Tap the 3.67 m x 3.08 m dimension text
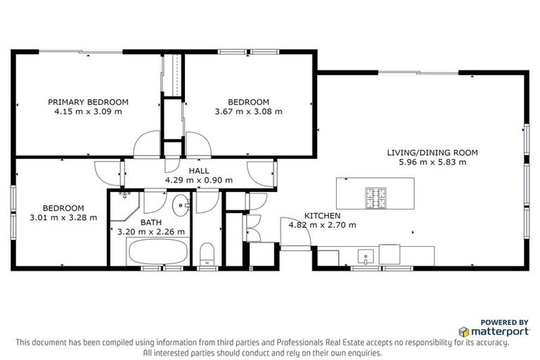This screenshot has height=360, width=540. pyautogui.click(x=248, y=111)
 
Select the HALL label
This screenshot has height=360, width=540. pyautogui.click(x=198, y=170)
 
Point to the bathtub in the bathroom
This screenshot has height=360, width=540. pyautogui.click(x=157, y=252)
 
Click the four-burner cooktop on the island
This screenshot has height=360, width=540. pyautogui.click(x=375, y=198)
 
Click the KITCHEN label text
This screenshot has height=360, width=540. pyautogui.click(x=322, y=216)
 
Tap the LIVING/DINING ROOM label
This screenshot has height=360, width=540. pyautogui.click(x=432, y=152)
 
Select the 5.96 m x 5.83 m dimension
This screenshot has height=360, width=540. pyautogui.click(x=432, y=162)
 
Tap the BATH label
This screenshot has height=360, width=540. pyautogui.click(x=150, y=222)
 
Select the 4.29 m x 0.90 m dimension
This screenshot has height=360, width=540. pyautogui.click(x=198, y=180)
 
